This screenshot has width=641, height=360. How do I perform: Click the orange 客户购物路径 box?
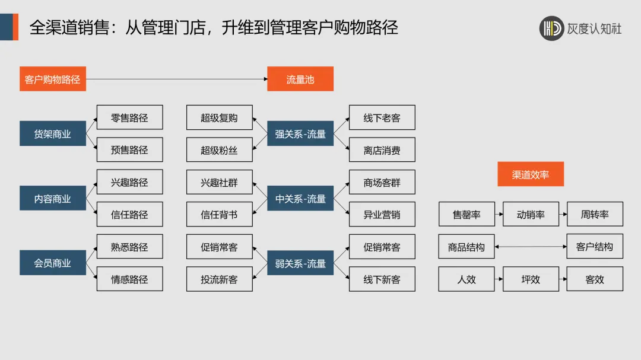click(x=53, y=79)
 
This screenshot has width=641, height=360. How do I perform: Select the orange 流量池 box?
click(x=300, y=79)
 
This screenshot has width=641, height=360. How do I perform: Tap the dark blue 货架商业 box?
click(x=53, y=134)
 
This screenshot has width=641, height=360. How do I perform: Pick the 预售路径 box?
click(x=129, y=150)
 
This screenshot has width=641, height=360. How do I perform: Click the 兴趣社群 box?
click(x=219, y=183)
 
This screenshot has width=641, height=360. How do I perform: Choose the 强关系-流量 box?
click(x=300, y=134)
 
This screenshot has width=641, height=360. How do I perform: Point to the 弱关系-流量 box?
click(x=300, y=263)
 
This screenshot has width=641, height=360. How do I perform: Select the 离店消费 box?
click(x=382, y=150)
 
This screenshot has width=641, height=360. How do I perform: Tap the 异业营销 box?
click(x=382, y=215)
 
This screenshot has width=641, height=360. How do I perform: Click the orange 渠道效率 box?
click(x=531, y=174)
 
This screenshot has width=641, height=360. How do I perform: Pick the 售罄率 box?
click(x=467, y=215)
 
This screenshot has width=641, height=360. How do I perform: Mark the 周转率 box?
click(x=595, y=215)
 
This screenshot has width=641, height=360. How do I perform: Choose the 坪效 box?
click(x=531, y=279)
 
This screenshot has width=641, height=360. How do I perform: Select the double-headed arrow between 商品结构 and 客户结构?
click(x=531, y=247)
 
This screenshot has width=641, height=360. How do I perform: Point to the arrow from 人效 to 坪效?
click(x=499, y=279)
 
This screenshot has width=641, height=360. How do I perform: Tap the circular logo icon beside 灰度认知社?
click(x=551, y=28)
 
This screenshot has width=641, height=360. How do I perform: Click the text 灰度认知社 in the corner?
click(x=594, y=28)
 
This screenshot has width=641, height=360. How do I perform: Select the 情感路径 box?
click(x=129, y=279)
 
